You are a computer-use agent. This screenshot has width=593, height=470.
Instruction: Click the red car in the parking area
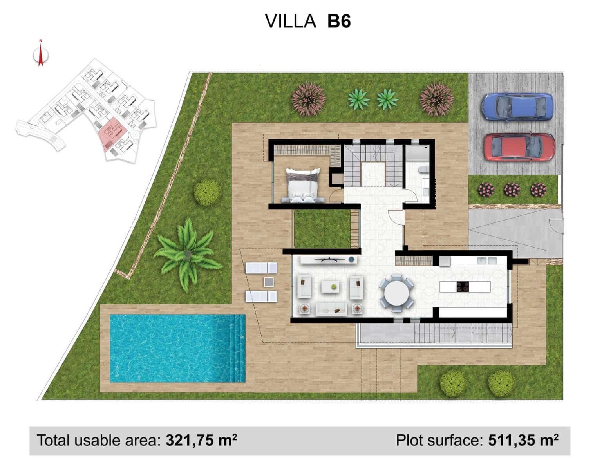[x=519, y=147]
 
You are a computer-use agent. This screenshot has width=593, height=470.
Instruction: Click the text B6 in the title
[x=339, y=21]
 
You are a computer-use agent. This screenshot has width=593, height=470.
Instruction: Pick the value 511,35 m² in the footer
[x=523, y=441]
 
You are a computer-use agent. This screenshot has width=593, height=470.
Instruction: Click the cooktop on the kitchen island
[x=463, y=287]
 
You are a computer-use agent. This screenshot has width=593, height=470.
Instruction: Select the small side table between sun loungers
[x=269, y=282]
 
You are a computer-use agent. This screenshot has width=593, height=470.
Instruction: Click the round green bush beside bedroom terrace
[x=207, y=192]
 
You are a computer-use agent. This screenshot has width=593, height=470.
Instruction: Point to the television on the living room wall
[x=327, y=259]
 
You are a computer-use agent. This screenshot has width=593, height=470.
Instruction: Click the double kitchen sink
[x=487, y=260]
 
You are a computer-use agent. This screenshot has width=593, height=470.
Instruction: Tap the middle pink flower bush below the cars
[x=512, y=190]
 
